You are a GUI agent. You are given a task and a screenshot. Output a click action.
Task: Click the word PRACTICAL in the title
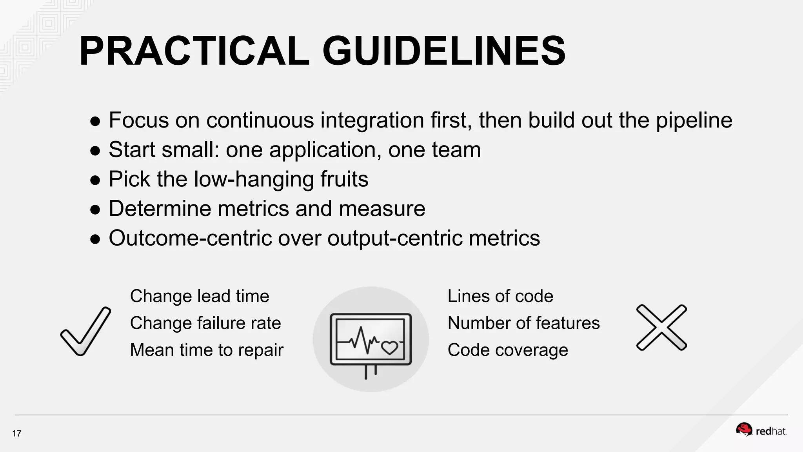pos(194,51)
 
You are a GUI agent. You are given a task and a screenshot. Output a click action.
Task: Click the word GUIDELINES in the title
pos(444,51)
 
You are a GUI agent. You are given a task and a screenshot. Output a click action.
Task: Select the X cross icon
pos(661,327)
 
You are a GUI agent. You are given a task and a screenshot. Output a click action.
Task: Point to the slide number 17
pos(16,434)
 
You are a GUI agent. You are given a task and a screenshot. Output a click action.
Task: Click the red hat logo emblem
pos(744,430)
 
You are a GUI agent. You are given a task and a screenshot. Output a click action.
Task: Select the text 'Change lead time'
pos(200,296)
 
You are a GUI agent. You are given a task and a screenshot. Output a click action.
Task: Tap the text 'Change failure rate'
pos(205,323)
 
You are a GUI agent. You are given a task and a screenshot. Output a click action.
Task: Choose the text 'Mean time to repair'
pos(207,350)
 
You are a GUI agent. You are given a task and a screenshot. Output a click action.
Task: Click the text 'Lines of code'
pos(500,296)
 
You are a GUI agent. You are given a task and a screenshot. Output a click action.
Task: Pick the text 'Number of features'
pos(524,323)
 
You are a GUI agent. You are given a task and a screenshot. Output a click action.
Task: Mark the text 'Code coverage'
pos(508,350)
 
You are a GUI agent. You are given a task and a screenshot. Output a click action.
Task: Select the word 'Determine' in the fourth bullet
pos(160,208)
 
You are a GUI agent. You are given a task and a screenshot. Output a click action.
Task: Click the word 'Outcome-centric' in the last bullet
pos(190,238)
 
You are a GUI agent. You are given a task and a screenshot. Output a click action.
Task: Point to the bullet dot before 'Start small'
pos(95,151)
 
